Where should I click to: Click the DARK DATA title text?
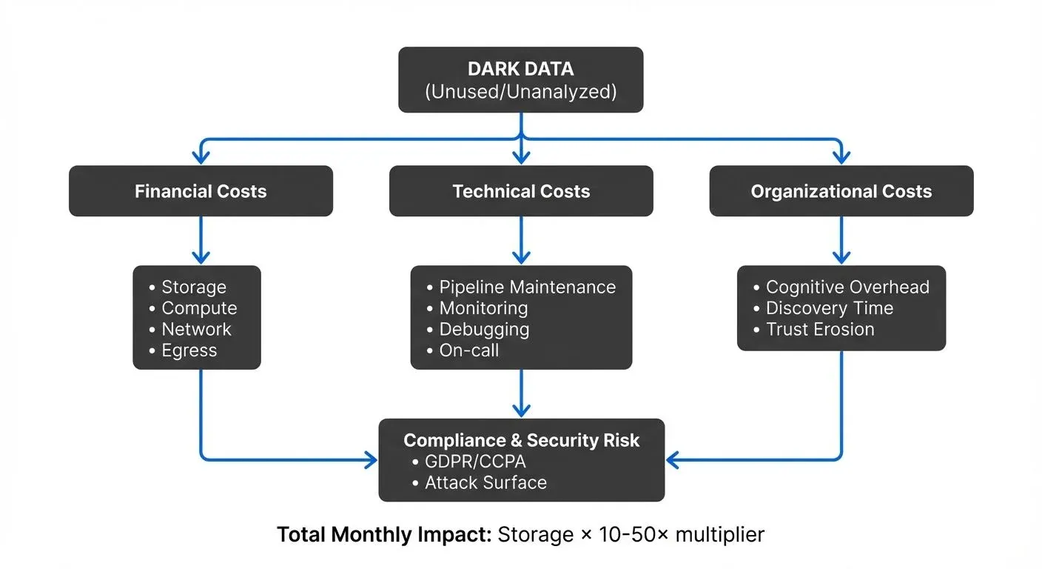(520, 69)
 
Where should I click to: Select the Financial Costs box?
(201, 191)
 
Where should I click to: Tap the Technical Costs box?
(521, 191)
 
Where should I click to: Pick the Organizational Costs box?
(841, 191)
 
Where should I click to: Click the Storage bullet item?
(193, 287)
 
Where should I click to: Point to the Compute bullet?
(198, 308)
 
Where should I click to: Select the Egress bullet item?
(189, 350)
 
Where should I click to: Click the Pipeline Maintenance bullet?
(526, 287)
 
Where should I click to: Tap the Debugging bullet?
(483, 330)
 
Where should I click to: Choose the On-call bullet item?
(468, 350)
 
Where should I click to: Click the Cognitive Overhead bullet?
(847, 287)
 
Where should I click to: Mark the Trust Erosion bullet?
(819, 330)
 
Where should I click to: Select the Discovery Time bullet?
(829, 308)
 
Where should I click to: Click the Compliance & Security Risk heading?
(521, 440)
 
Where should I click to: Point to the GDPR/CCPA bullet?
(474, 462)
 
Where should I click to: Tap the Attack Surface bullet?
(485, 483)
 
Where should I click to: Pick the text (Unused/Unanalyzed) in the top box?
(520, 92)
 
